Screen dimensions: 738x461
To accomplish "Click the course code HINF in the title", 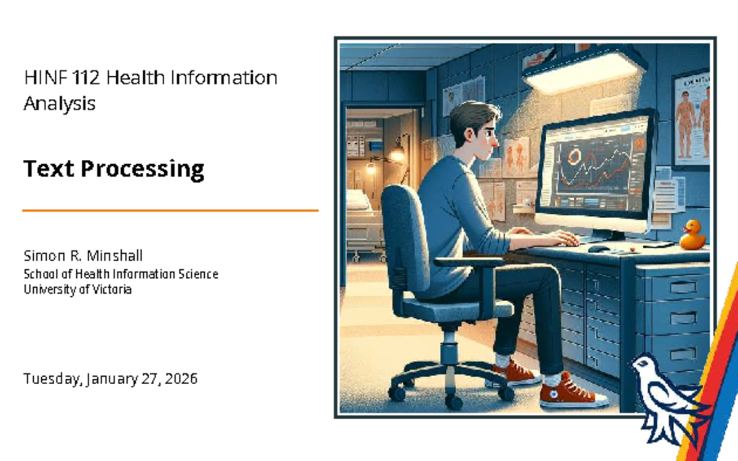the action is pos(46,77).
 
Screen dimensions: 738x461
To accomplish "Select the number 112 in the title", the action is pos(85,77).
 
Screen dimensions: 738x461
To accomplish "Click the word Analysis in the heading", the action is pos(60,103).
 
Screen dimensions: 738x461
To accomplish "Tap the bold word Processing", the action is pos(142,170).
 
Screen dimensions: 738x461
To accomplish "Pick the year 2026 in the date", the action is pos(181,379).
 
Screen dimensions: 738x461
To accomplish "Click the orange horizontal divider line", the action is pos(170,210).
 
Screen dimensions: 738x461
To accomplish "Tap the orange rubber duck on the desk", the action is pos(692,235).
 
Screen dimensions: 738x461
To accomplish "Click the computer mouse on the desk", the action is pos(598,248).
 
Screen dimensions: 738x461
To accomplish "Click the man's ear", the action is pos(468,135).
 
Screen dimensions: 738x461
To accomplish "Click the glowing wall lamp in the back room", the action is pos(397,154).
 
